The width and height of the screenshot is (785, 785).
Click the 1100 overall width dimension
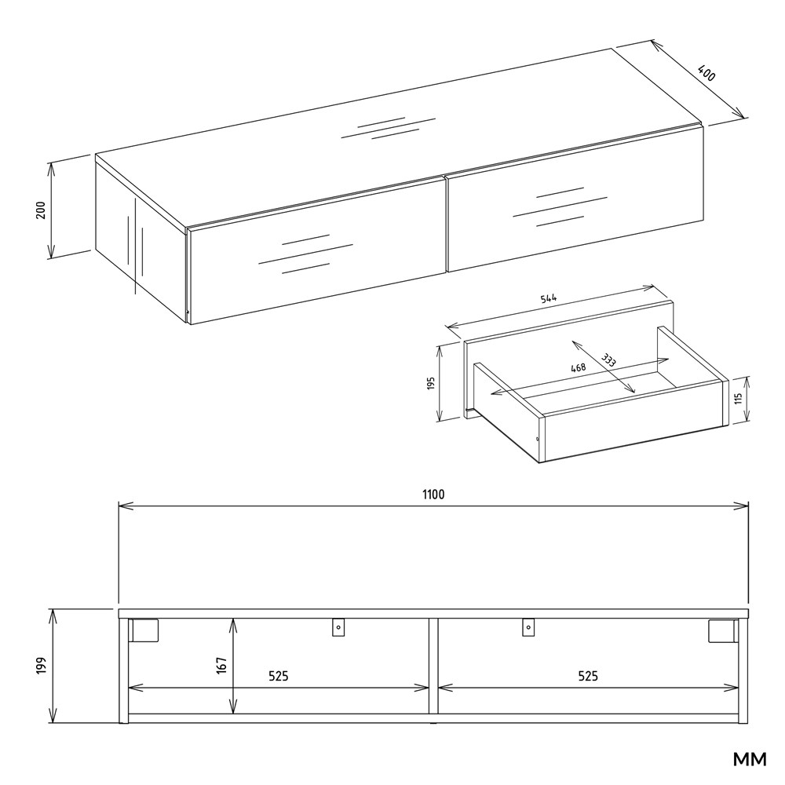(x=433, y=495)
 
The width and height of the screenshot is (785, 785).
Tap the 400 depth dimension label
(x=706, y=73)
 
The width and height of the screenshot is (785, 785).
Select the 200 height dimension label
(x=41, y=210)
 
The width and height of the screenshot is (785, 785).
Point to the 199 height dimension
(x=41, y=666)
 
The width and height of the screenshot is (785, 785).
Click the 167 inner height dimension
(x=222, y=666)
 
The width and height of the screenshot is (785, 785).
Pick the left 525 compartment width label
(x=279, y=677)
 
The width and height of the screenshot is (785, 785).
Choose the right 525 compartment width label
(x=588, y=677)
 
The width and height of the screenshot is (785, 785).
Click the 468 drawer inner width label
(x=579, y=367)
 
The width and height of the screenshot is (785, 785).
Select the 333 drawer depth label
(x=609, y=360)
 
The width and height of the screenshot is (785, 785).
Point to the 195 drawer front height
(x=432, y=383)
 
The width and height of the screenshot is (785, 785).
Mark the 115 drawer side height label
(x=738, y=399)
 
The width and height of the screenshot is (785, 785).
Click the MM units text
(x=750, y=759)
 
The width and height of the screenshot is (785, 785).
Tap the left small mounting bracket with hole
(x=338, y=627)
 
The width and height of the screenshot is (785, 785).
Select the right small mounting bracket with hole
(x=528, y=627)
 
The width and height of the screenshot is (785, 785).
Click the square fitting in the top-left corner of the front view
(x=144, y=630)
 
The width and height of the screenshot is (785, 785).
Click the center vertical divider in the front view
(x=433, y=666)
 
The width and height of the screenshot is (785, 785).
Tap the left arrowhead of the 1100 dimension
(x=126, y=506)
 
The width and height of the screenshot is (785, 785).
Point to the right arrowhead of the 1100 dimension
(x=741, y=506)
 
